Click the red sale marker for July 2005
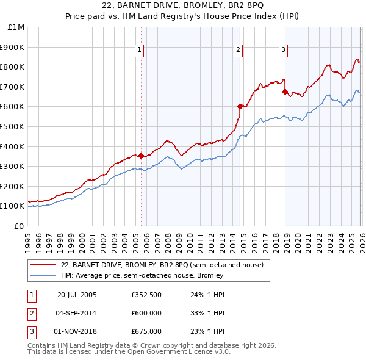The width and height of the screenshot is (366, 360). click(x=141, y=156)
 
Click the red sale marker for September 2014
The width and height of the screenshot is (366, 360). click(x=240, y=106)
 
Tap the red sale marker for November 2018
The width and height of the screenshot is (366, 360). click(x=285, y=92)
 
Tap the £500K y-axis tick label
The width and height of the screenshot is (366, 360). click(x=13, y=127)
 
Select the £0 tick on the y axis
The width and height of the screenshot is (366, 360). click(x=20, y=226)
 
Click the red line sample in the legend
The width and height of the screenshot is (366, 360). click(x=44, y=265)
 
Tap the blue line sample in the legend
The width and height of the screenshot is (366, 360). click(x=44, y=275)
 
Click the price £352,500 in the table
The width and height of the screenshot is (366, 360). click(x=146, y=295)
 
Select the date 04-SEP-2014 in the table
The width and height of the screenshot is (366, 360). click(x=77, y=313)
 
